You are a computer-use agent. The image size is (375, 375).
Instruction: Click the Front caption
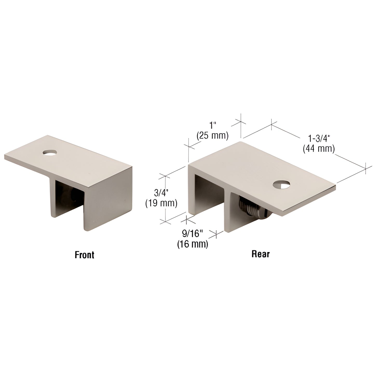[x=84, y=255]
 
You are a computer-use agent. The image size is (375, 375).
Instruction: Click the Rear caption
[x=260, y=254]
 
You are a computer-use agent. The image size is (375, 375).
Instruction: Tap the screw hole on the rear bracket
[x=281, y=185]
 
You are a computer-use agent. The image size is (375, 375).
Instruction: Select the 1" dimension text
[x=213, y=126]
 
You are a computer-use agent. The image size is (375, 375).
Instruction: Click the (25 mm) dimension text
[x=212, y=135]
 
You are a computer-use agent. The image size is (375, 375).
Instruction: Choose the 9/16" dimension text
[x=192, y=234]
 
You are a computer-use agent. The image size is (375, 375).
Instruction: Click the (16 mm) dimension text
[x=193, y=244]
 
